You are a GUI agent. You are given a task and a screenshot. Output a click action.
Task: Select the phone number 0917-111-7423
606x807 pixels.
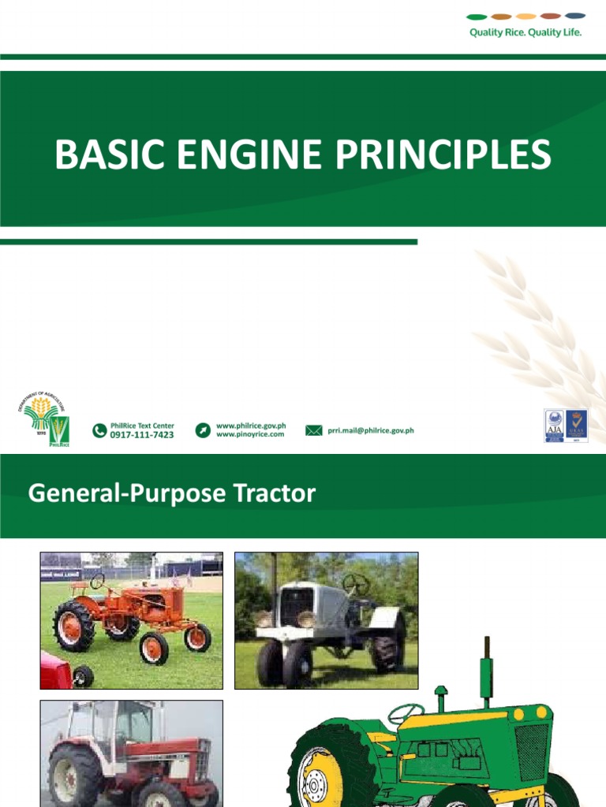(x=142, y=434)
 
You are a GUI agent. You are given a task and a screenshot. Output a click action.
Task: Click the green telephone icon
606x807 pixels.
(x=99, y=430)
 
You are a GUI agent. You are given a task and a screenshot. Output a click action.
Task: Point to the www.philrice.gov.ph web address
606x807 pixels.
(x=250, y=426)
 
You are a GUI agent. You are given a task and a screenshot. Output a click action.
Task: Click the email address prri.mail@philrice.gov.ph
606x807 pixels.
(x=371, y=430)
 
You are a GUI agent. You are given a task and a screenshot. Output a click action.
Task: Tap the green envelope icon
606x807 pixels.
(x=314, y=430)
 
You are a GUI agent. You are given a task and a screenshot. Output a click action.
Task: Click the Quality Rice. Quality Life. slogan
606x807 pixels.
(x=526, y=33)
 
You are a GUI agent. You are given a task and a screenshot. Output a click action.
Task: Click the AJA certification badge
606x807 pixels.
(x=554, y=425)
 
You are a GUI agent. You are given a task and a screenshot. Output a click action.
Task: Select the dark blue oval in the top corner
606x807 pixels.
(x=575, y=16)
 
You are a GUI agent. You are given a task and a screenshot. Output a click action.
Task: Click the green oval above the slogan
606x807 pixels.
(x=477, y=16)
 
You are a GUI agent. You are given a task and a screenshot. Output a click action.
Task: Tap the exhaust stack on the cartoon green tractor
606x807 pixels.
(x=486, y=670)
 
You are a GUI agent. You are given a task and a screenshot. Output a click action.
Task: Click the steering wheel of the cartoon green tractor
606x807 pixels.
(x=406, y=713)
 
